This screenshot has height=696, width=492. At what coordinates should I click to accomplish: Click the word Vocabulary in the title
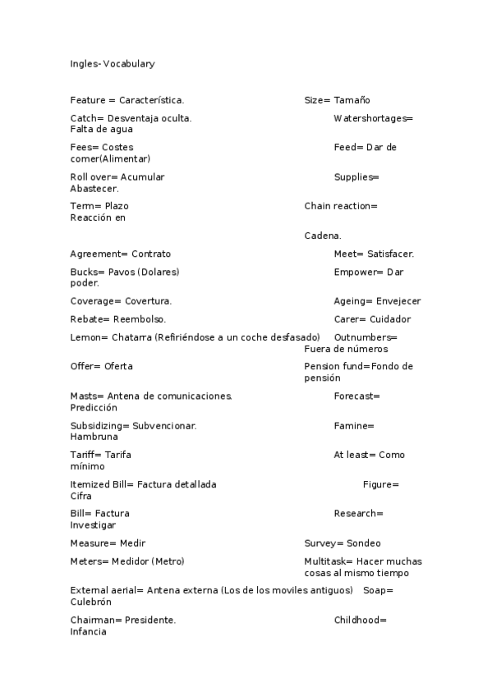(129, 63)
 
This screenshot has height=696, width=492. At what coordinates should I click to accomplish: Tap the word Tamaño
(352, 100)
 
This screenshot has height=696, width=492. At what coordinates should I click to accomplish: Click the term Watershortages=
(374, 118)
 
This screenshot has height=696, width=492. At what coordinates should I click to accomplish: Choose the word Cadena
(323, 236)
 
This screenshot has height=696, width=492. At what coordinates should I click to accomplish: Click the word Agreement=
(99, 254)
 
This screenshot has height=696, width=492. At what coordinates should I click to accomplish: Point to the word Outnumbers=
(366, 337)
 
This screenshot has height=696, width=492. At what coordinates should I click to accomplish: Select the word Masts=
(87, 396)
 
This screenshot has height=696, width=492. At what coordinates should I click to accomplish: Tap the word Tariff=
(86, 455)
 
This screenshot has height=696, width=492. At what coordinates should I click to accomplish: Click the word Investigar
(93, 525)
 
